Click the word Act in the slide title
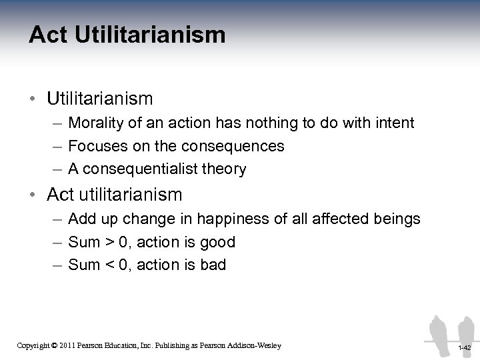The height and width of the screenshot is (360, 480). pos(48,35)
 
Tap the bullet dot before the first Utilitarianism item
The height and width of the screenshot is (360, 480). pos(34,99)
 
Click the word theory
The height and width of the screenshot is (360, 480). pos(224,169)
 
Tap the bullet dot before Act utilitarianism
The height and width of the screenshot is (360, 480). pos(34,195)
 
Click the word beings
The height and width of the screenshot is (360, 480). pos(397,219)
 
